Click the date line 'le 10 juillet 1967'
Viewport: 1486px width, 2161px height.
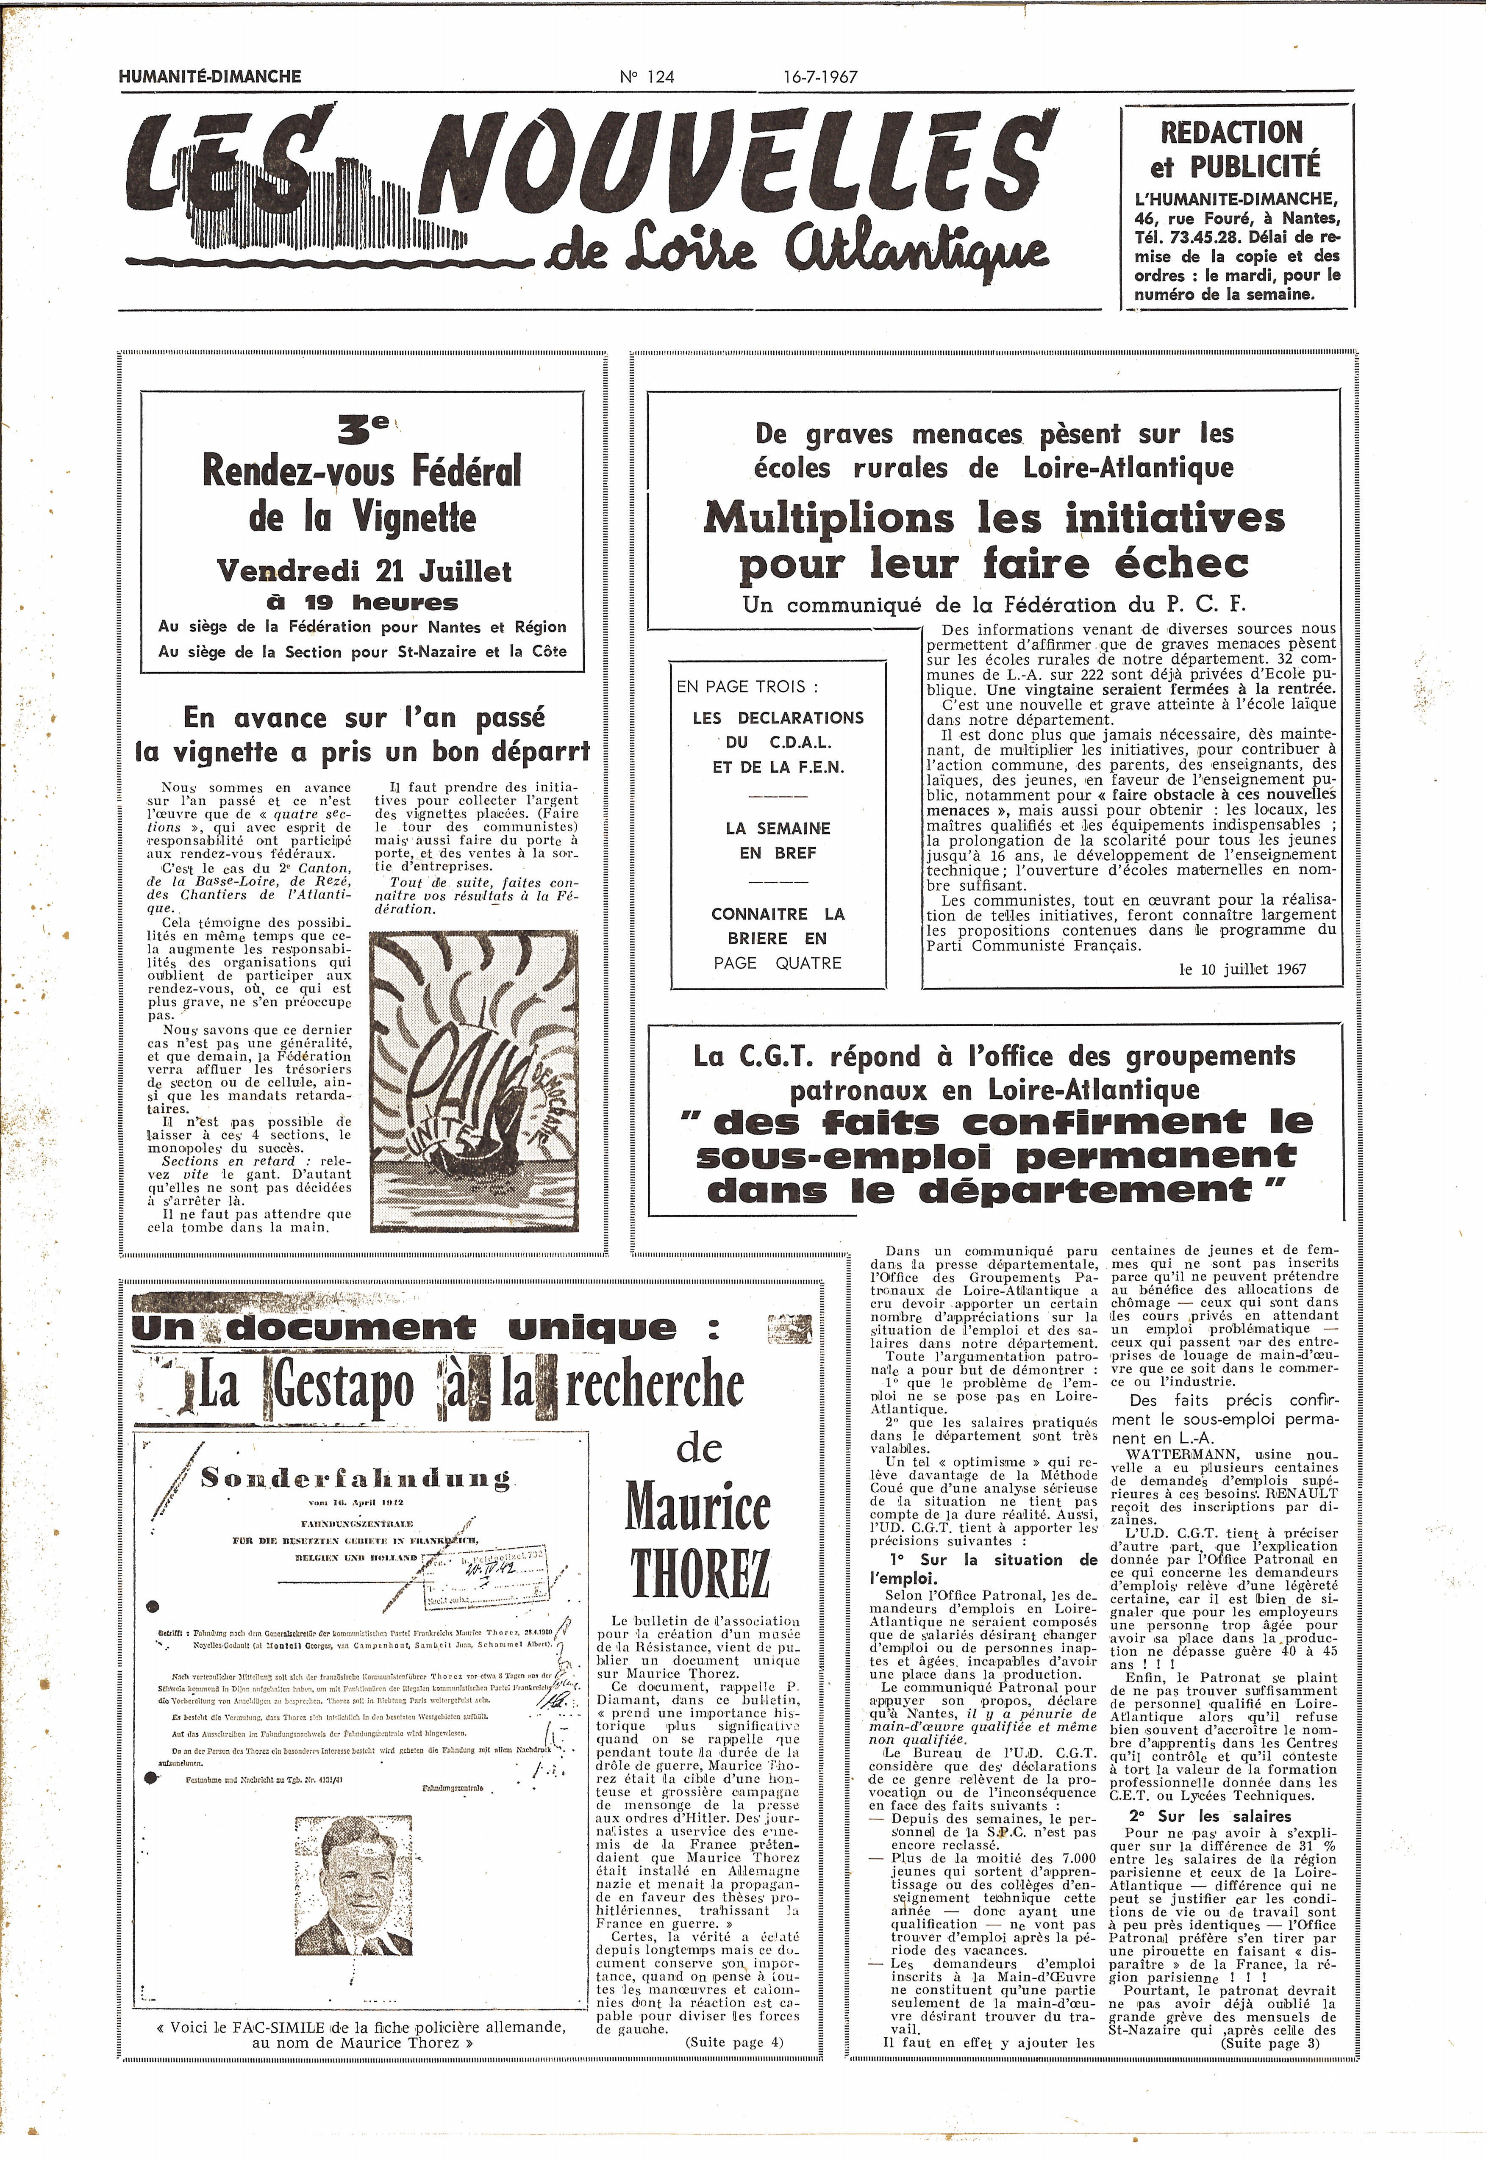(1242, 969)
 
